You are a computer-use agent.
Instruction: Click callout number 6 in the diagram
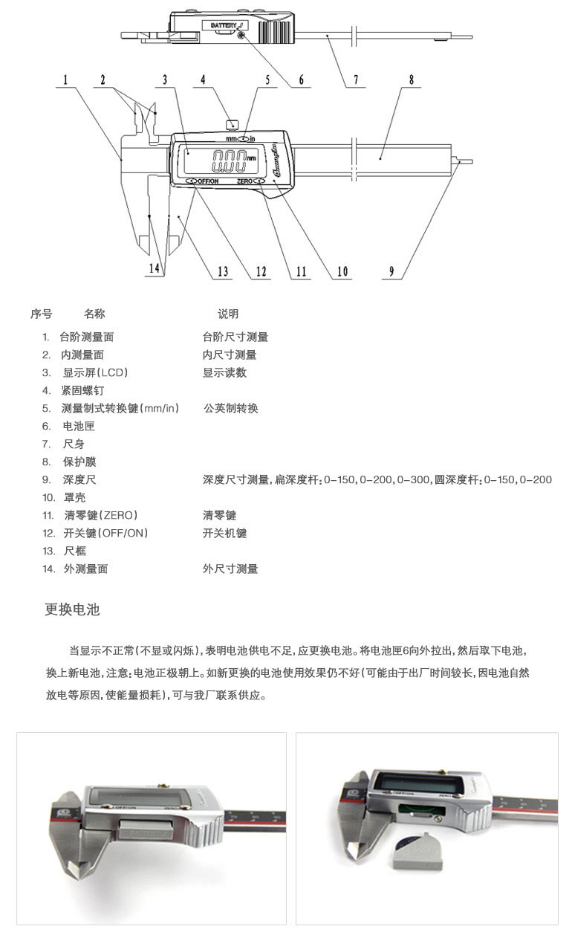point(302,80)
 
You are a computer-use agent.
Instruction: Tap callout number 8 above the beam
point(411,80)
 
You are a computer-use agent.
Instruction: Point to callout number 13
point(223,271)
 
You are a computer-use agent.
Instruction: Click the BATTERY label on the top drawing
point(224,25)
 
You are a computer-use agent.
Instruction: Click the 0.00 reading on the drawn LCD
point(229,159)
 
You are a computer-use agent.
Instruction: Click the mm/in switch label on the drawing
point(240,139)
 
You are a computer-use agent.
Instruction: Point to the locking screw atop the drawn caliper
point(231,123)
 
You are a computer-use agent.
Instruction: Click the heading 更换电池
point(72,610)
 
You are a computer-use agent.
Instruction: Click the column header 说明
point(228,314)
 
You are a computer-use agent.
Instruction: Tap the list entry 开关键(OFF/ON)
point(105,533)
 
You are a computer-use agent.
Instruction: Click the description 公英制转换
point(230,408)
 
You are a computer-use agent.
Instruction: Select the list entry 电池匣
point(79,426)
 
